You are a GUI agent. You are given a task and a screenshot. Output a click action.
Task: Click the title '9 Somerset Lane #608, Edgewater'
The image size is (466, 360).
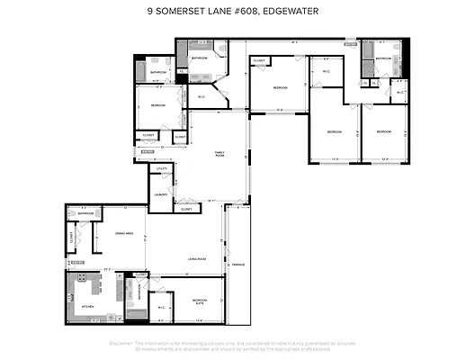pyautogui.click(x=232, y=13)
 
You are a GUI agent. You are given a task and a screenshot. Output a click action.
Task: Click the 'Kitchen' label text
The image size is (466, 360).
pyautogui.click(x=88, y=307)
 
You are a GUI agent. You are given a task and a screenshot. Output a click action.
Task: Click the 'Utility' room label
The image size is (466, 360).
pyautogui.click(x=163, y=168)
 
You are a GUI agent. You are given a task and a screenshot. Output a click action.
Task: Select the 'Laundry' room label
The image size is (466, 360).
pyautogui.click(x=162, y=194)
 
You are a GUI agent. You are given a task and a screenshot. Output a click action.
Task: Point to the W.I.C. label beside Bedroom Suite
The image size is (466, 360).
pyautogui.click(x=160, y=307)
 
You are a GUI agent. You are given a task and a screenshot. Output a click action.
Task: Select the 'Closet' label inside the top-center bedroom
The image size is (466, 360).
pyautogui.click(x=258, y=61)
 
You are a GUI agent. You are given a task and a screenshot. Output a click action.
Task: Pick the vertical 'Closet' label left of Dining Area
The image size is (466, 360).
pyautogui.click(x=71, y=238)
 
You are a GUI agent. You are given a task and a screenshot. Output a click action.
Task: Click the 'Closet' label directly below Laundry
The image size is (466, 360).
pyautogui.click(x=186, y=208)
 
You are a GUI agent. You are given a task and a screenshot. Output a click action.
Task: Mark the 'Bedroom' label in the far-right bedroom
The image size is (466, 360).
pyautogui.click(x=384, y=131)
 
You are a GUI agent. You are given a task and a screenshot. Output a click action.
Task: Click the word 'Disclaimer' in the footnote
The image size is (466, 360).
pyautogui.click(x=121, y=343)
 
